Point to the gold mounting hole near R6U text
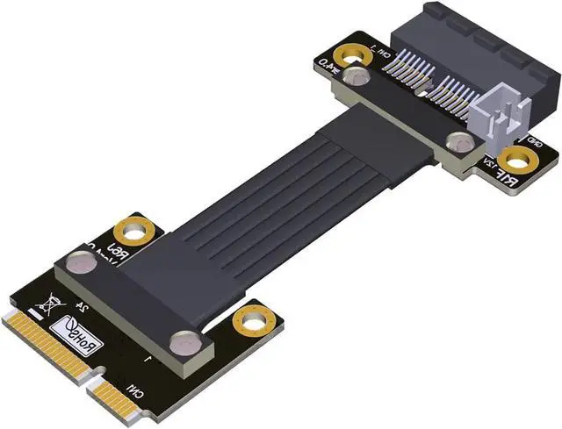coord(135,232)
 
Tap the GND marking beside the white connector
coord(533,140)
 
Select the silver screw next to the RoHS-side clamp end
coord(81,261)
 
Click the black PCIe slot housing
coord(474,44)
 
